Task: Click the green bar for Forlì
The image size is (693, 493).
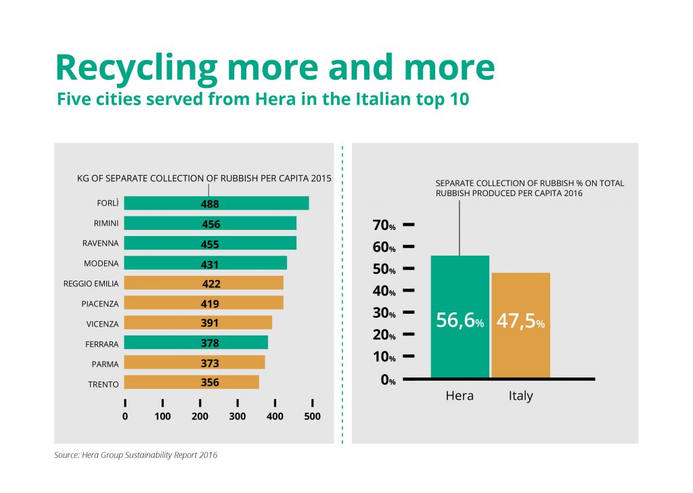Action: point(216,203)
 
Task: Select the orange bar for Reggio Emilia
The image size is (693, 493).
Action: point(204,283)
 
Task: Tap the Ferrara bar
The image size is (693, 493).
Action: point(196,342)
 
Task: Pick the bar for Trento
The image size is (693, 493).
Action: point(192,382)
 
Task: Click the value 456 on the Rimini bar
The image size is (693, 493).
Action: point(211,224)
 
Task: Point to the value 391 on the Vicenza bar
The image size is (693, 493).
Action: point(210,323)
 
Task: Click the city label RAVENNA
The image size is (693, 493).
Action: point(100,243)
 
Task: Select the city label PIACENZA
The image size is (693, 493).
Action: point(100,304)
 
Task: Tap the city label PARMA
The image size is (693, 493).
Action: point(105,365)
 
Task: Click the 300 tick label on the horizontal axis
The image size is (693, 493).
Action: point(238,416)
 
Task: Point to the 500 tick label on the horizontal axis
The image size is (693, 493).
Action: point(312,416)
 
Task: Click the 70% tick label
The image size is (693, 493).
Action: point(384,225)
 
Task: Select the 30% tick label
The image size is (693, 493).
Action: point(384,313)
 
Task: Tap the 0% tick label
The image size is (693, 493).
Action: point(388,379)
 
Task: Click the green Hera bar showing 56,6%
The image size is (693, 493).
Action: point(460,316)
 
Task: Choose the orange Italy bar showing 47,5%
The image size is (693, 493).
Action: point(521,325)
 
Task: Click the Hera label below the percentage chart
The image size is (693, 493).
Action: point(460,396)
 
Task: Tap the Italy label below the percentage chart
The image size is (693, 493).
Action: point(520,396)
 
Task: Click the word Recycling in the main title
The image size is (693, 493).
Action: point(136,69)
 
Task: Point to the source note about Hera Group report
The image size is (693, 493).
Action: point(135,455)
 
